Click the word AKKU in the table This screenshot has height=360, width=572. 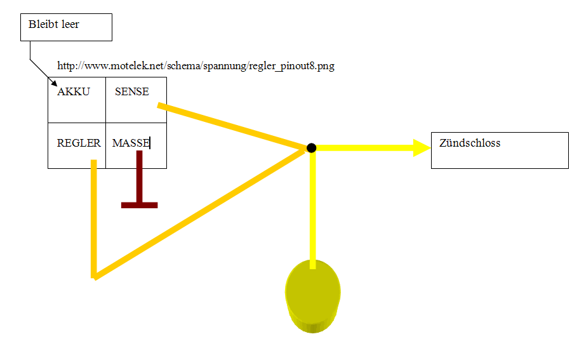(x=74, y=91)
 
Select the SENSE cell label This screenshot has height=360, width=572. (x=131, y=91)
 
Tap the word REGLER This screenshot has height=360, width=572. (x=79, y=143)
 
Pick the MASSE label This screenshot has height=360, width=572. (x=130, y=143)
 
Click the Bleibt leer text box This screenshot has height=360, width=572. (x=66, y=27)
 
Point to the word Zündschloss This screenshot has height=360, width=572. (x=470, y=143)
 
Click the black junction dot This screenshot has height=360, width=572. (x=311, y=148)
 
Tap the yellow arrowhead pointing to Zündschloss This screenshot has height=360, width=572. (x=422, y=147)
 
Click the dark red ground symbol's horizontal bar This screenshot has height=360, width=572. (x=139, y=205)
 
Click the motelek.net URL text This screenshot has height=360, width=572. (x=196, y=65)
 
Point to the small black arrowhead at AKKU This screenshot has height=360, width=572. (x=53, y=84)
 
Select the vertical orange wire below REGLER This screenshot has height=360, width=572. (x=94, y=216)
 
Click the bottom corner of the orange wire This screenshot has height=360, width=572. (x=95, y=276)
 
